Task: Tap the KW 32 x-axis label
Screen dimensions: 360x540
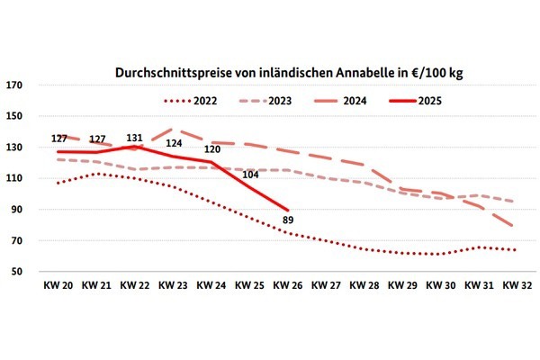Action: [x=516, y=286]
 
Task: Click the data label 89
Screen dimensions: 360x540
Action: [x=288, y=219]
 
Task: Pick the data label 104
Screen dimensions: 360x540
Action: [x=250, y=175]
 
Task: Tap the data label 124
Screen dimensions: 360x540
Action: [x=174, y=144]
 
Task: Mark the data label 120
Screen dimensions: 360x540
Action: [x=211, y=149]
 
